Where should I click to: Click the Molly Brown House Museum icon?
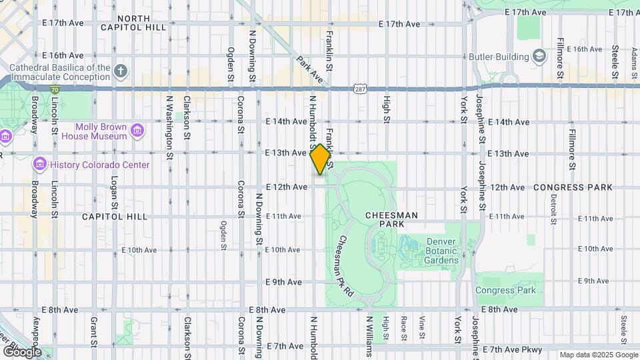pyautogui.click(x=138, y=129)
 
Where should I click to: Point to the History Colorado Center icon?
pyautogui.click(x=39, y=164)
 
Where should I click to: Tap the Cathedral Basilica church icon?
pyautogui.click(x=120, y=71)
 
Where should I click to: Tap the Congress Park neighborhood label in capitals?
pyautogui.click(x=572, y=188)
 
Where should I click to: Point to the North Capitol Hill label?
pyautogui.click(x=142, y=23)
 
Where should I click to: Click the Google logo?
pyautogui.click(x=21, y=351)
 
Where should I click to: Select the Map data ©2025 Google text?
pyautogui.click(x=598, y=355)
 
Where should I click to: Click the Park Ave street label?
pyautogui.click(x=311, y=70)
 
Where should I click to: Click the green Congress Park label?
pyautogui.click(x=505, y=291)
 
